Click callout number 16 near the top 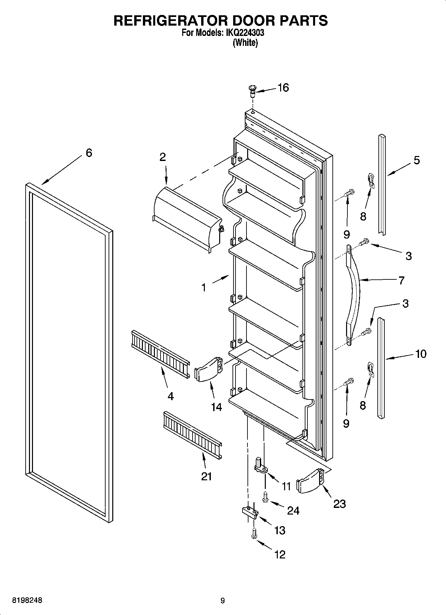283,88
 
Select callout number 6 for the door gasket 89,153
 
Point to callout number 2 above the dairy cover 162,157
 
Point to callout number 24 293,510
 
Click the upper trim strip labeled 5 382,185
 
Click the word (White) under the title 245,43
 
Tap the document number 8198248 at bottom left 27,600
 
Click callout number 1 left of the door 204,287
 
